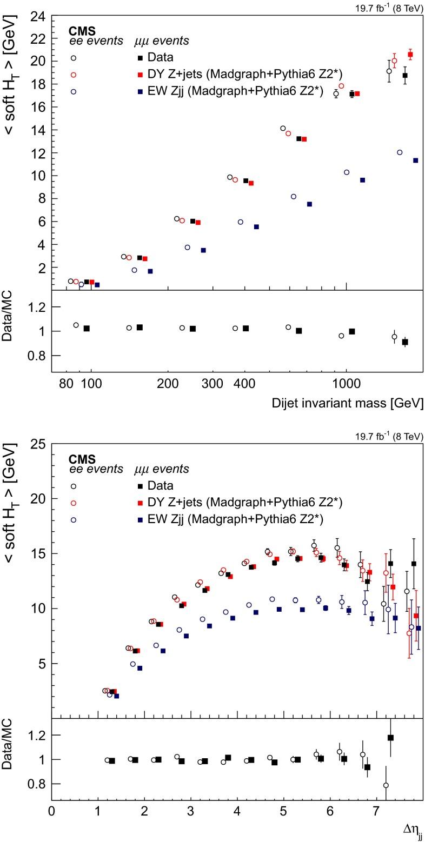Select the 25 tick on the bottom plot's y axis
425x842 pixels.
36,444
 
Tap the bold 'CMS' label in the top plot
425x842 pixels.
82,31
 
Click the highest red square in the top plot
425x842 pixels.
410,55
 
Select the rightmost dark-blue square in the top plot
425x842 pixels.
415,161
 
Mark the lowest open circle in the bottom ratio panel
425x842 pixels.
386,785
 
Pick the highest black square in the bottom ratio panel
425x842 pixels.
390,738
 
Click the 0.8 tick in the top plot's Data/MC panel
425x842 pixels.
36,355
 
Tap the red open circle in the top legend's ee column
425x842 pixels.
74,75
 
